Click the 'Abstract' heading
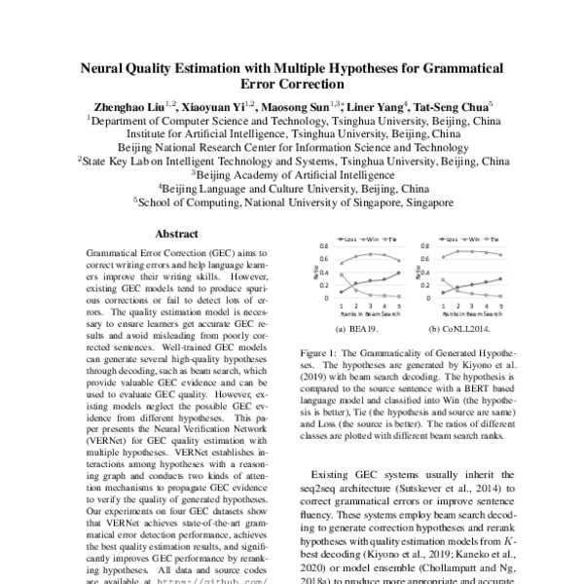point(178,234)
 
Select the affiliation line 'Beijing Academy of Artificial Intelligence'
point(293,173)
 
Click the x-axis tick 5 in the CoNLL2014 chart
point(500,305)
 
